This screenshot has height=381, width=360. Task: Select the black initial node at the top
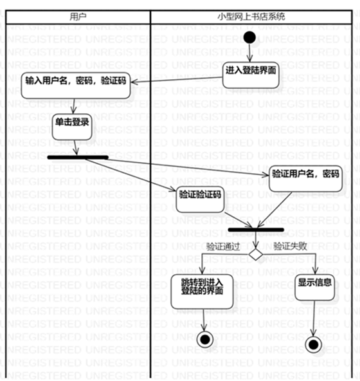pyautogui.click(x=251, y=38)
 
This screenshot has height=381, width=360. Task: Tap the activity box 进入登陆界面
pyautogui.click(x=251, y=69)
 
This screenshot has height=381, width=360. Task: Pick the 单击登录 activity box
pyautogui.click(x=71, y=122)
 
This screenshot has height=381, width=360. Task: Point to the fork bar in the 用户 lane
pyautogui.click(x=78, y=156)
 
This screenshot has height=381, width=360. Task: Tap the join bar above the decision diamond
pyautogui.click(x=256, y=230)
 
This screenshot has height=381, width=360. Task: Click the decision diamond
pyautogui.click(x=256, y=255)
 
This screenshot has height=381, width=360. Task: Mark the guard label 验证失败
pyautogui.click(x=290, y=246)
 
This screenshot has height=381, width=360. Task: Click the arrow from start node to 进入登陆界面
pyautogui.click(x=251, y=51)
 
